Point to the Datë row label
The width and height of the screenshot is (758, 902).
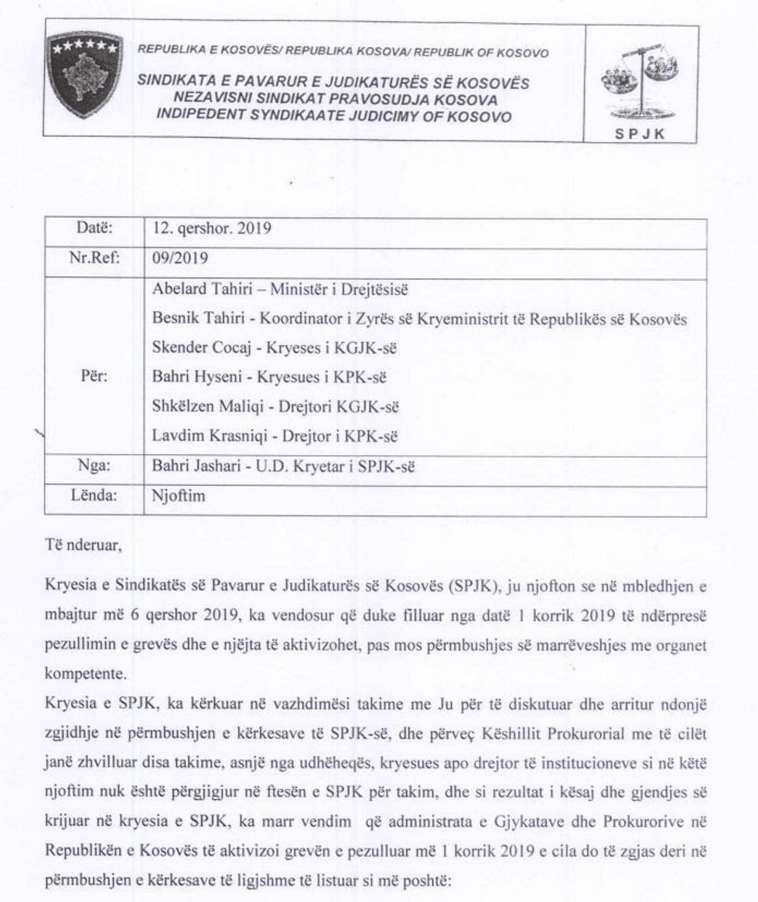(x=95, y=230)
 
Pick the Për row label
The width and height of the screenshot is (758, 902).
(x=93, y=378)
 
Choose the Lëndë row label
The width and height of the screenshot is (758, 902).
(x=94, y=497)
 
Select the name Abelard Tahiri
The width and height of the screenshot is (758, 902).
(x=196, y=290)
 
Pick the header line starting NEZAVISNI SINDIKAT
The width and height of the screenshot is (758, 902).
(x=335, y=100)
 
